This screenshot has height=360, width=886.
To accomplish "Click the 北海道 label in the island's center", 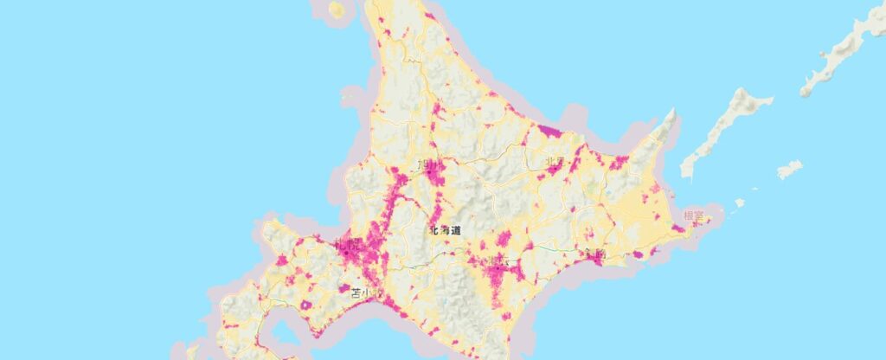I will pos(444,231).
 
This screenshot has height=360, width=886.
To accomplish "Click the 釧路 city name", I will pos(594,254).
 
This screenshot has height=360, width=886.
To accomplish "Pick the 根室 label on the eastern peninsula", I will pos(693,215).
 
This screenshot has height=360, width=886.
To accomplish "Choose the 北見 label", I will pos(555,162).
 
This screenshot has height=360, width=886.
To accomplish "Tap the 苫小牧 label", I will pos(365,293).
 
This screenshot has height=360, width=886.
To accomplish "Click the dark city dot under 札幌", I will pos(356,253).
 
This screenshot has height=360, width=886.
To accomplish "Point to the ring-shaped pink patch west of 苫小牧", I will pos(343,288).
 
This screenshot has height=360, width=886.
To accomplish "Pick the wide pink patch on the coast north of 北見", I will pos(549,132).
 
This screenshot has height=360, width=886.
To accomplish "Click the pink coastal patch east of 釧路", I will pos(639,255).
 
